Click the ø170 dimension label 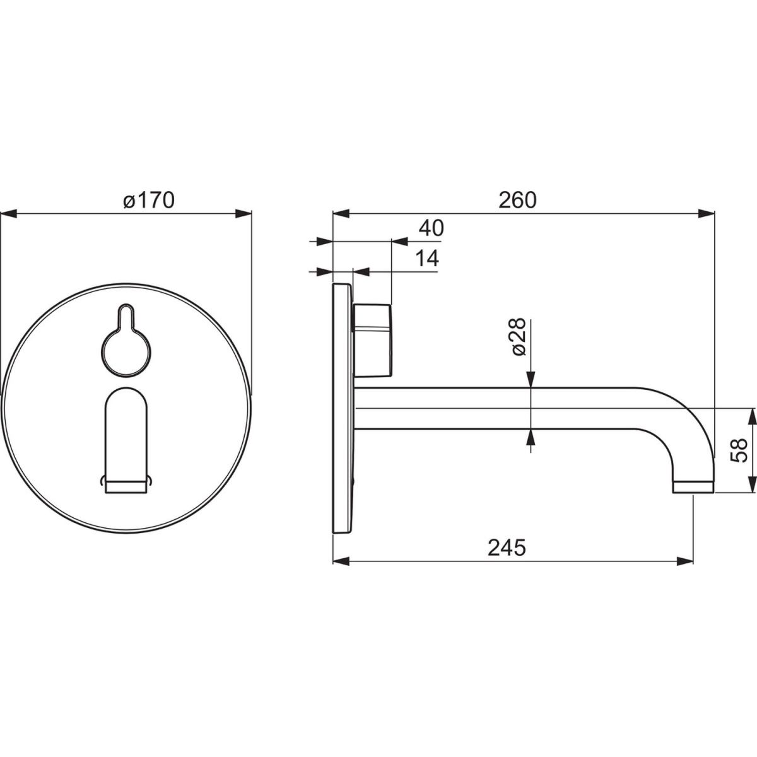148,200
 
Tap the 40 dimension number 431,228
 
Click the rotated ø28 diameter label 519,337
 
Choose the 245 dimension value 507,548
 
